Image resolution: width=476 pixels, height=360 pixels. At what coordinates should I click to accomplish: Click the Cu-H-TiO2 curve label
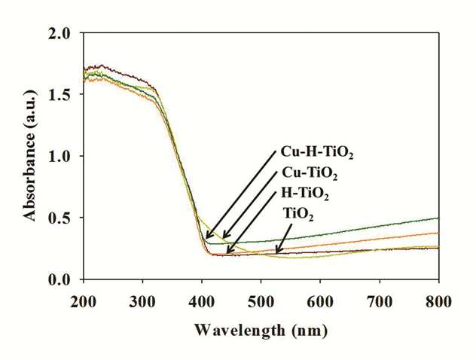(317, 152)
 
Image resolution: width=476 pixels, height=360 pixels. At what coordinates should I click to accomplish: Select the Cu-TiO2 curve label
(310, 174)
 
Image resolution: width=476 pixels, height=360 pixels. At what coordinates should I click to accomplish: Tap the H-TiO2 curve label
(305, 194)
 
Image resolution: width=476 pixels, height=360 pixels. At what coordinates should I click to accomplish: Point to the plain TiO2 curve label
(298, 214)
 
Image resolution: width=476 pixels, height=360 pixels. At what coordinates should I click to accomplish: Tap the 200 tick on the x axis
(83, 302)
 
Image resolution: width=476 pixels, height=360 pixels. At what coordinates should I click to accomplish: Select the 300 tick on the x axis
(142, 302)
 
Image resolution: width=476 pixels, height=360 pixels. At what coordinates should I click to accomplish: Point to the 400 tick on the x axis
(202, 302)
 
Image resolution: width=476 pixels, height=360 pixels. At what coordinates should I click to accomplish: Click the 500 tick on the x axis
(261, 302)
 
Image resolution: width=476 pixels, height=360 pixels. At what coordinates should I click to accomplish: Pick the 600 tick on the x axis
(320, 302)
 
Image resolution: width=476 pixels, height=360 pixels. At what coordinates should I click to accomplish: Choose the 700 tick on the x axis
(380, 302)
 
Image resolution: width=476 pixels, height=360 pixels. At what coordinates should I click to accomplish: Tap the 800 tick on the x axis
(438, 302)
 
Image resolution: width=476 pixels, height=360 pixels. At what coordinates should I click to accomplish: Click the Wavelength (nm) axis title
(261, 331)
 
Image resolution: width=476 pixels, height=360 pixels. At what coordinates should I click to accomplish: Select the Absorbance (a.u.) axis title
(29, 155)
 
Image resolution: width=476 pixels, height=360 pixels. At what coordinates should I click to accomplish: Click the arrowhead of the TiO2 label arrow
(276, 252)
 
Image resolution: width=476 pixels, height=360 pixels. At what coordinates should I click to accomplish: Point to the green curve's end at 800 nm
(438, 218)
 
